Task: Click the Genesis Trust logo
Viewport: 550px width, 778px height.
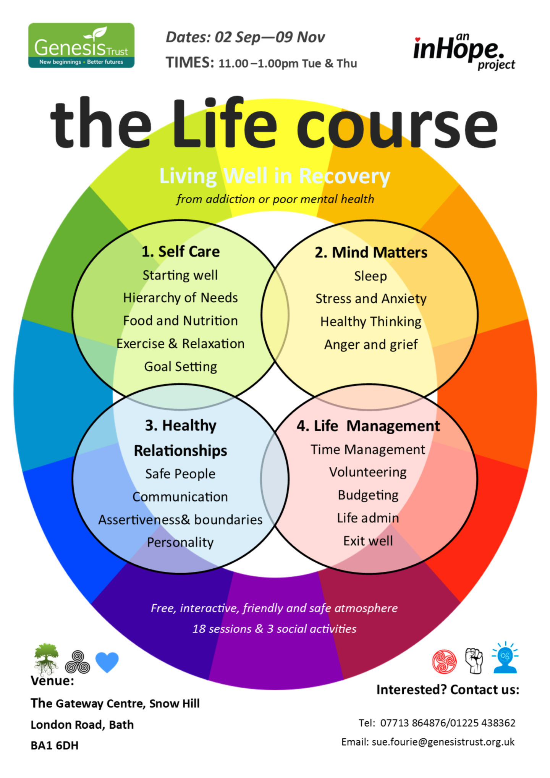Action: tap(81, 45)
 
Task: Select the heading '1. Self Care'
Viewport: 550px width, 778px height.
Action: tap(180, 252)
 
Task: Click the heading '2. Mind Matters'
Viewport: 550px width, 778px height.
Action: tap(371, 252)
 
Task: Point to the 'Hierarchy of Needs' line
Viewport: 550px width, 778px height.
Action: tap(180, 298)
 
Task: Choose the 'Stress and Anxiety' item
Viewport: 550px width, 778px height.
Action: tap(371, 299)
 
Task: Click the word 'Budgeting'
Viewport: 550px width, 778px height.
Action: tap(368, 495)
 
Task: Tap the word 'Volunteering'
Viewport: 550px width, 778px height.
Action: tap(368, 472)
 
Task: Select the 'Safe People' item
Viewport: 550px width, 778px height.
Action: tap(180, 474)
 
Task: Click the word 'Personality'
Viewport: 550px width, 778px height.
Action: tap(180, 542)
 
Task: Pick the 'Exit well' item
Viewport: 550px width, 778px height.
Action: tap(368, 541)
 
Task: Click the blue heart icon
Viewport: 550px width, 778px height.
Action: tap(107, 662)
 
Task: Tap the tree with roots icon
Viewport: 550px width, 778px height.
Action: tap(46, 659)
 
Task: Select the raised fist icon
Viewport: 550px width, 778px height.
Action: tap(474, 661)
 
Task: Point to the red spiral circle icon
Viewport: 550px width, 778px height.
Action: tap(444, 662)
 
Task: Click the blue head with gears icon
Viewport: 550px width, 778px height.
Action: tap(505, 658)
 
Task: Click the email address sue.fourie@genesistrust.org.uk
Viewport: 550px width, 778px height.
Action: tap(443, 742)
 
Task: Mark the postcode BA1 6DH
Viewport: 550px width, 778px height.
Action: tap(55, 746)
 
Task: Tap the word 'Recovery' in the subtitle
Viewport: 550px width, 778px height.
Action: tap(344, 176)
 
